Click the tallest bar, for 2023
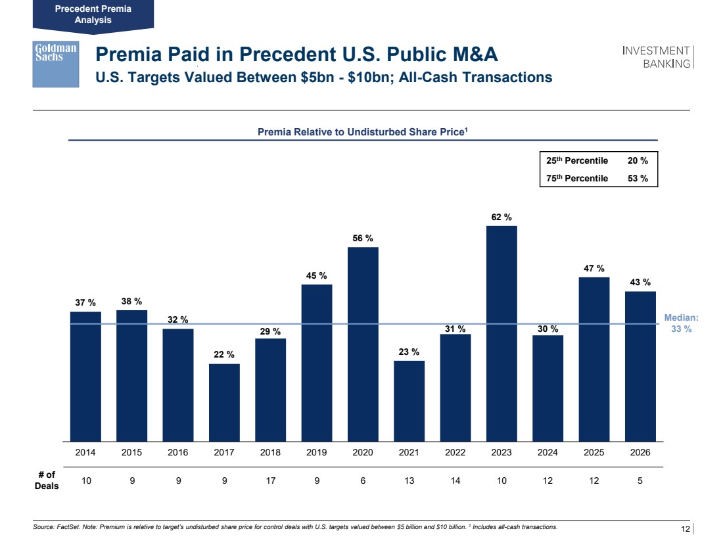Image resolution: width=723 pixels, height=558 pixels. click(x=501, y=333)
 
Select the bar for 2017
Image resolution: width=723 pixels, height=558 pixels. click(x=224, y=402)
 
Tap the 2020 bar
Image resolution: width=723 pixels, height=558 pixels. click(x=363, y=344)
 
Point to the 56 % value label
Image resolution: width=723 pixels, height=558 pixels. click(x=363, y=238)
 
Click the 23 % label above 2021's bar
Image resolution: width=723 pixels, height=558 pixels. click(x=409, y=352)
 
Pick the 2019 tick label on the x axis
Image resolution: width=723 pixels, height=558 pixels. click(x=317, y=453)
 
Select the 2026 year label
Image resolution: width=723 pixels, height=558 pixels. click(x=640, y=453)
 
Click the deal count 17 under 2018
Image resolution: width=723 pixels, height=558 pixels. click(x=271, y=480)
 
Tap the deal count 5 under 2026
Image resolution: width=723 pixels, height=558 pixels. click(x=640, y=480)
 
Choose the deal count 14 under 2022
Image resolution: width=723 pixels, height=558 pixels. click(x=455, y=480)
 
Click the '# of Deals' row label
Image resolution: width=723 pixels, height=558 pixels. click(x=46, y=480)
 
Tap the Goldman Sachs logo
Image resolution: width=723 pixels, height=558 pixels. click(x=56, y=64)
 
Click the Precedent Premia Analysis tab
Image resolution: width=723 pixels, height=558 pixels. click(x=93, y=14)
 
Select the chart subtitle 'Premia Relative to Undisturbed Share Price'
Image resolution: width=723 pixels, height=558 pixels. click(x=362, y=132)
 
